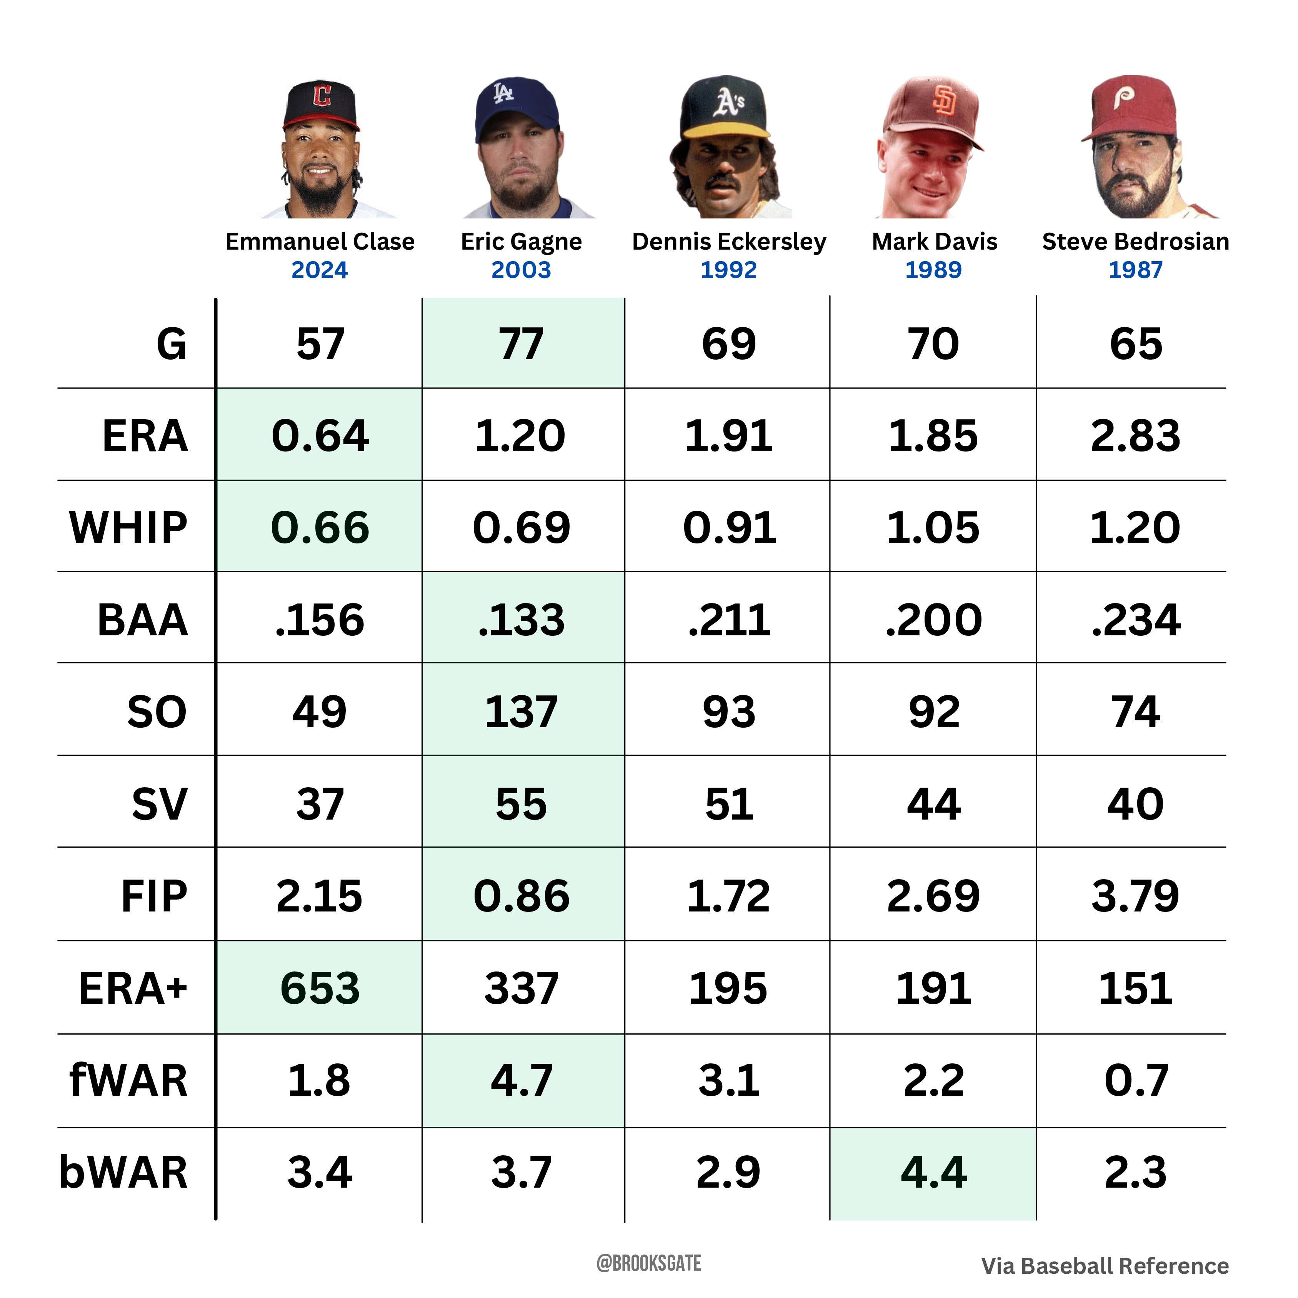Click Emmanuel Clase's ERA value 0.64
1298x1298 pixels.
tap(320, 435)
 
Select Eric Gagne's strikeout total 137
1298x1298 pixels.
tap(522, 712)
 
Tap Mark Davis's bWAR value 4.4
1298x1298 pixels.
tap(933, 1172)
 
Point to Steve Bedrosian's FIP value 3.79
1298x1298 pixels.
tap(1135, 896)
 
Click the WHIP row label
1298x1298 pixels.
tap(128, 527)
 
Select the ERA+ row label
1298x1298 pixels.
tap(133, 988)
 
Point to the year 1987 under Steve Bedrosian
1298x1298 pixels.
tap(1135, 270)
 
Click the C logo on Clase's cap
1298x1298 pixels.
tap(323, 95)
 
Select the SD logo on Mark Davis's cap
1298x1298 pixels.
tap(944, 101)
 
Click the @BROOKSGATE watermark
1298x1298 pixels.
tap(648, 1264)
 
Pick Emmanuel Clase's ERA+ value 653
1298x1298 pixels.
tap(320, 988)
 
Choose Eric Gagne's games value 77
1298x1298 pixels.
tap(522, 344)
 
